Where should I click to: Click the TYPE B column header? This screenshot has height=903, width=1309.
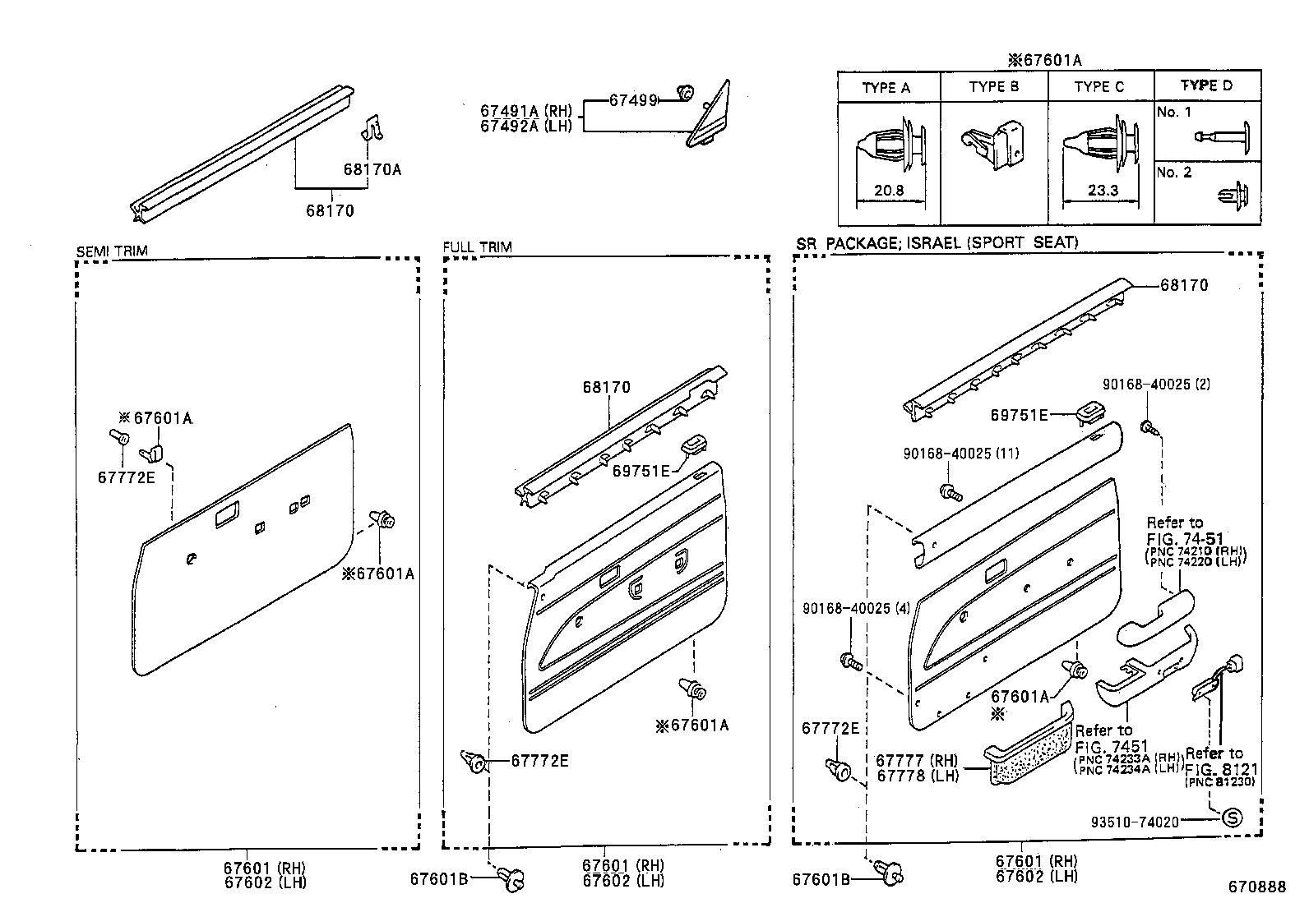pyautogui.click(x=993, y=87)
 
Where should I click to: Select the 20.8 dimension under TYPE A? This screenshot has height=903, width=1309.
pyautogui.click(x=888, y=191)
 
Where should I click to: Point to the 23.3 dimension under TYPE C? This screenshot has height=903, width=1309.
pyautogui.click(x=1103, y=191)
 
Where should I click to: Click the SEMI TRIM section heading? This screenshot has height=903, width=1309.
pyautogui.click(x=112, y=251)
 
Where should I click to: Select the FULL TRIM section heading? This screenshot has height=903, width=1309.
pyautogui.click(x=477, y=246)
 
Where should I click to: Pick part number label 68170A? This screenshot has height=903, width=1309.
pyautogui.click(x=372, y=170)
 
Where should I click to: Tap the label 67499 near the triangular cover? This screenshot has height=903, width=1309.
pyautogui.click(x=633, y=100)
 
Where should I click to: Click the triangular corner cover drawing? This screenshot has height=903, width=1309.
pyautogui.click(x=710, y=117)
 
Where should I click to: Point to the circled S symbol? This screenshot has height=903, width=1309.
pyautogui.click(x=1231, y=818)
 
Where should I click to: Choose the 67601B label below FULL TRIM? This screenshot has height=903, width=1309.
pyautogui.click(x=438, y=879)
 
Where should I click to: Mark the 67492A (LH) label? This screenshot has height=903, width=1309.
pyautogui.click(x=526, y=127)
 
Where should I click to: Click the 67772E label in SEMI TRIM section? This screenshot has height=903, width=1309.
pyautogui.click(x=126, y=477)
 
